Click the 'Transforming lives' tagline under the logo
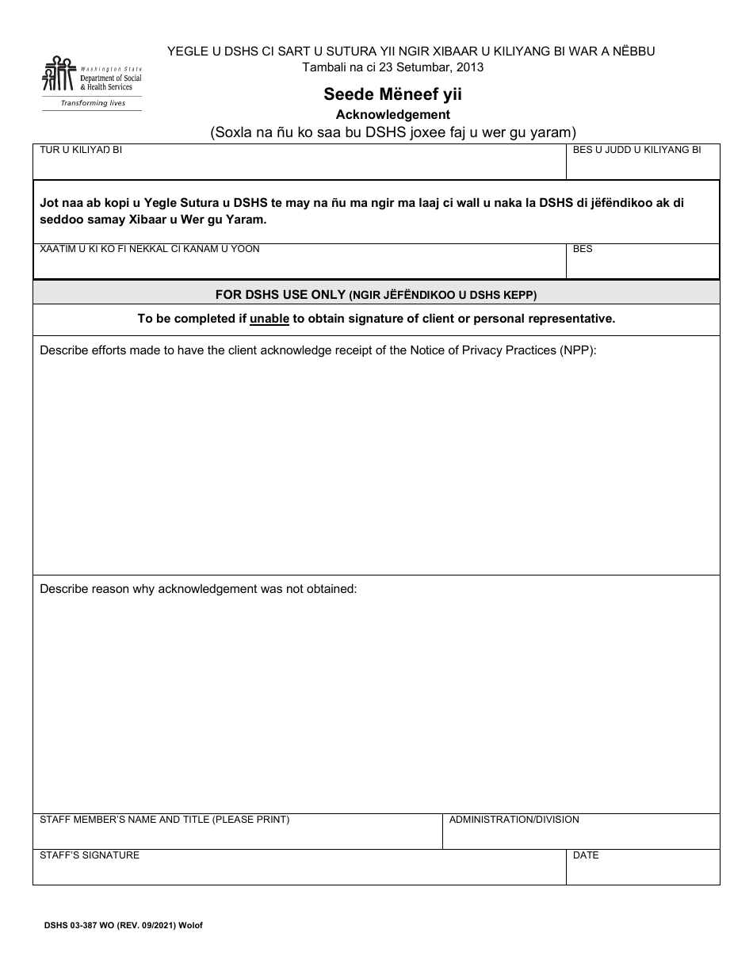[94, 103]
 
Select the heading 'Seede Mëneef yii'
[392, 94]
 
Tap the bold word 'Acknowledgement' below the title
[392, 114]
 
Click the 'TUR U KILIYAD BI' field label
[81, 150]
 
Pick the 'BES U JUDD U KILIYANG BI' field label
[636, 150]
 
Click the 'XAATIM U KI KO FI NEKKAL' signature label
[150, 249]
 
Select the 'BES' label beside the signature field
[583, 249]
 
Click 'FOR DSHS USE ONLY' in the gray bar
[281, 294]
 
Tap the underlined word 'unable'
[269, 319]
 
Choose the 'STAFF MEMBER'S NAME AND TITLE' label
[164, 820]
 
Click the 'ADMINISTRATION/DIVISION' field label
[514, 820]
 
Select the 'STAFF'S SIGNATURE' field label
[90, 855]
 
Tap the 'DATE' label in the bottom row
[585, 855]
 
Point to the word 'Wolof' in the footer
[190, 925]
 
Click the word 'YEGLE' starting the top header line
[185, 52]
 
